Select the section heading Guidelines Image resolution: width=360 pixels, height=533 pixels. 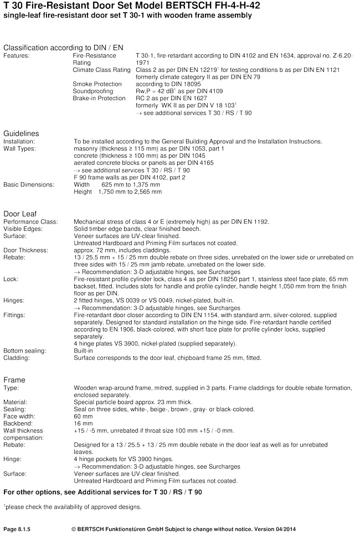[x=21, y=133]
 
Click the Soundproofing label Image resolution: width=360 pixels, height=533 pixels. [x=92, y=91]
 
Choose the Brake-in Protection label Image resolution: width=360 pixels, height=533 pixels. [x=99, y=98]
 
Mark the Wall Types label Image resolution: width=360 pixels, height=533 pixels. [x=18, y=149]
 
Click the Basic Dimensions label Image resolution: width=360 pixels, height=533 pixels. [x=29, y=184]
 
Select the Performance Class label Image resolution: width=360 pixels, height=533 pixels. [x=30, y=222]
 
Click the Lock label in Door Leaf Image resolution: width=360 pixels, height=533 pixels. [x=10, y=279]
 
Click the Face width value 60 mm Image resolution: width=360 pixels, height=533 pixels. [x=83, y=416]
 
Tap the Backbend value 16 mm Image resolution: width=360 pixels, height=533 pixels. [x=83, y=422]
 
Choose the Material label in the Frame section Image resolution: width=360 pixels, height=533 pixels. [x=16, y=402]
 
